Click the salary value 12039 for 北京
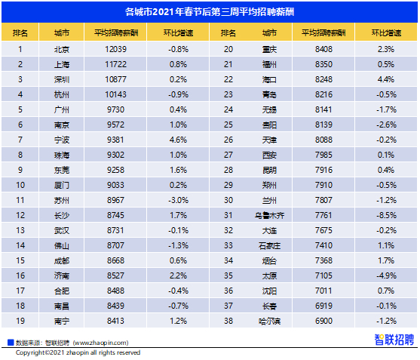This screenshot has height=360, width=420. click(x=115, y=49)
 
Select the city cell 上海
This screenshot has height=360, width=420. click(x=62, y=64)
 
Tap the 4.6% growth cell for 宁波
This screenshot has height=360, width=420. click(x=178, y=140)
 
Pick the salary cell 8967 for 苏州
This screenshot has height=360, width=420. click(x=115, y=200)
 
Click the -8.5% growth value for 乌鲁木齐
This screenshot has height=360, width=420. click(x=386, y=215)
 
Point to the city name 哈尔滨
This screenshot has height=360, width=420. click(x=269, y=321)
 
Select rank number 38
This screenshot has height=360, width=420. click(x=228, y=321)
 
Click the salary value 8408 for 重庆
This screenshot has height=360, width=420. click(x=323, y=49)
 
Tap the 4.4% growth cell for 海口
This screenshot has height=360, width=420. click(x=386, y=79)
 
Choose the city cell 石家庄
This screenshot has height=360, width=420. click(x=269, y=245)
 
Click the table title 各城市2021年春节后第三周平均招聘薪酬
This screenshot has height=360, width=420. click(x=210, y=12)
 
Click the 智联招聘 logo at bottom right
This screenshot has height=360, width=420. click(x=394, y=340)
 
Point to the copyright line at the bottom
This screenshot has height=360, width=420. click(x=78, y=352)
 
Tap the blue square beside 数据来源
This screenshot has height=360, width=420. click(x=11, y=343)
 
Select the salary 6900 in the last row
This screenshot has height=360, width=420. click(x=323, y=321)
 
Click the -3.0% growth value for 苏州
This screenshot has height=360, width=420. click(x=178, y=200)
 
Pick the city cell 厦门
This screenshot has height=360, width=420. click(x=62, y=185)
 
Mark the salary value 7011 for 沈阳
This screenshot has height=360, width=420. click(x=323, y=291)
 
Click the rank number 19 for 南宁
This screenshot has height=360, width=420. click(x=20, y=321)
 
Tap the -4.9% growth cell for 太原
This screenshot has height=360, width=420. click(x=386, y=275)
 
